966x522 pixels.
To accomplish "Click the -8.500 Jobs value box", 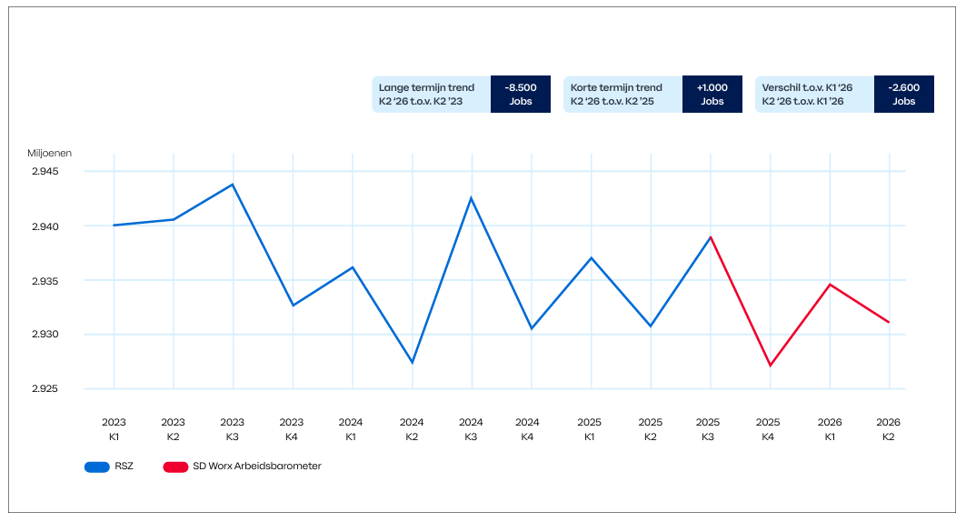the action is pos(521,95).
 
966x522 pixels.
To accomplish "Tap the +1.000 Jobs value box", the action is pos(712,95).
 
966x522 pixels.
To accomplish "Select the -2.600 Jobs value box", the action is pos(904,95).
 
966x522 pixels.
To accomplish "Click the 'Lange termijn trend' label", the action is pos(426,87).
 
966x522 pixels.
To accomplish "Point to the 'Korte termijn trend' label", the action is pos(616,87).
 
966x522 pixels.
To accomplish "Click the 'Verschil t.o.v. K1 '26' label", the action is pos(807,87).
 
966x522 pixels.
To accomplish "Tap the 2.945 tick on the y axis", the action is pos(45,171).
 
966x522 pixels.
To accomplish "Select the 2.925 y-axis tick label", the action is pos(45,389).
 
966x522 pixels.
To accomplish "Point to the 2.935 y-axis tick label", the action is pos(45,281).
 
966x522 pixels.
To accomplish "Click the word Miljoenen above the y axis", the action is pos(49,153).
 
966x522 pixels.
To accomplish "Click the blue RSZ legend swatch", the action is pos(96,467).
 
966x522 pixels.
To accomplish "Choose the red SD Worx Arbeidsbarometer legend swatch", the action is pos(175,467).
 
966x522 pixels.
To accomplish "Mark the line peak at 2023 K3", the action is pos(233,185).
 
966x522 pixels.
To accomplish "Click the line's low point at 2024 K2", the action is pos(413,362).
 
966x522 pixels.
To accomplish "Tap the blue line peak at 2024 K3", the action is pos(472,198).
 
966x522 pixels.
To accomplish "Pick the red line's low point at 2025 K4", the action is pos(770,366).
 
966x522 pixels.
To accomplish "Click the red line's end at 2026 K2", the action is pos(889,322).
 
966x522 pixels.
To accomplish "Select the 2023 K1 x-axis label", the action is pos(114,429).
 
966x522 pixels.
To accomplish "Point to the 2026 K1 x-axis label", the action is pos(830,429).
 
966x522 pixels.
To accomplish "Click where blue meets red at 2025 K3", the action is pos(711,236).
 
